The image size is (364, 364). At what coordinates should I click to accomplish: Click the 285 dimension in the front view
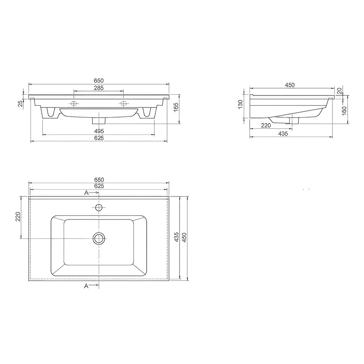point(99,88)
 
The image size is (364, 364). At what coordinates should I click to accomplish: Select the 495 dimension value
point(99,131)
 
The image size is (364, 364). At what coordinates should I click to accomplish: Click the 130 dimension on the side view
point(240,105)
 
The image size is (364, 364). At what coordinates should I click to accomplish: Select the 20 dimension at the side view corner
point(340,91)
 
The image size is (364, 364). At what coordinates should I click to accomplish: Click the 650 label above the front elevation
point(99,80)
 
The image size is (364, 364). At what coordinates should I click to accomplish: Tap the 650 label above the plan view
point(99,180)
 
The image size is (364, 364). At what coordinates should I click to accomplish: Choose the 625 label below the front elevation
point(99,138)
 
